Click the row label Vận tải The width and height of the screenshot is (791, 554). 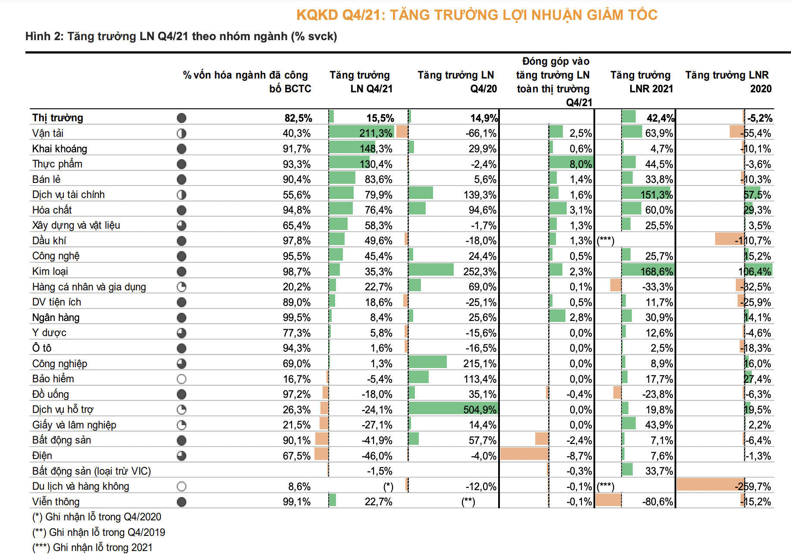click(48, 133)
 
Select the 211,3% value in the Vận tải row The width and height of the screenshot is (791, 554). click(376, 133)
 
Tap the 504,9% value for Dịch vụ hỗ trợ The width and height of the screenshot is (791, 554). click(480, 409)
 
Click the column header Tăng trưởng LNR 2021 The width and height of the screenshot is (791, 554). click(641, 82)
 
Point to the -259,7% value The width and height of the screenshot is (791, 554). click(753, 487)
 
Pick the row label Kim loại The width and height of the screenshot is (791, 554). click(50, 271)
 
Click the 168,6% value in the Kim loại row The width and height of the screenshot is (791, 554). click(656, 271)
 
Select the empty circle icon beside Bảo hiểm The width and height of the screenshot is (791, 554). click(182, 379)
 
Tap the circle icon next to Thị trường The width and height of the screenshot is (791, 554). click(182, 118)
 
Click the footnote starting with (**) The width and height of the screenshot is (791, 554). click(99, 532)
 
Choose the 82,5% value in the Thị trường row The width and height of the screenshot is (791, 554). click(298, 118)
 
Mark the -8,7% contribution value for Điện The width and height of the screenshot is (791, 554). click(579, 456)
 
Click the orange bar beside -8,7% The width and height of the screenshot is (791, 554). click(524, 454)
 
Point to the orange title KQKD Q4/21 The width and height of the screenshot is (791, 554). click(477, 15)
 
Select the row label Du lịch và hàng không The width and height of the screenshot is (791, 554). click(81, 487)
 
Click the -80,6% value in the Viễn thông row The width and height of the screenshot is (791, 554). click(657, 502)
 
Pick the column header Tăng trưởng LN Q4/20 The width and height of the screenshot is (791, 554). click(456, 82)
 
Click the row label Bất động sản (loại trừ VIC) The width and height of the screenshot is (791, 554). click(91, 471)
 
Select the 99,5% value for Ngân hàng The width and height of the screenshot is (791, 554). click(297, 318)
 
